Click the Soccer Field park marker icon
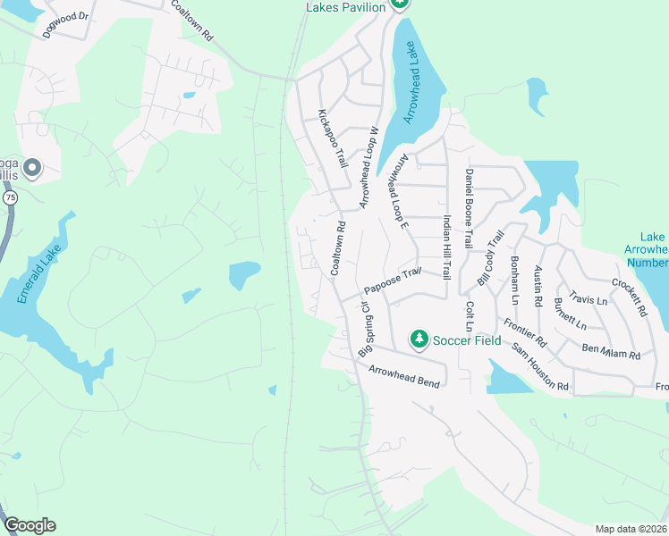(x=419, y=339)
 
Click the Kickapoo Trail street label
(x=333, y=138)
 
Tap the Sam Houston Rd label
(x=540, y=368)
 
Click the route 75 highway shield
(x=10, y=197)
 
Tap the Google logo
(x=30, y=525)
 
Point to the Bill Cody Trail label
(x=490, y=258)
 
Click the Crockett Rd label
(x=629, y=297)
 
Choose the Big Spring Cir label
(x=365, y=329)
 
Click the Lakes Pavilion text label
(x=345, y=7)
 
